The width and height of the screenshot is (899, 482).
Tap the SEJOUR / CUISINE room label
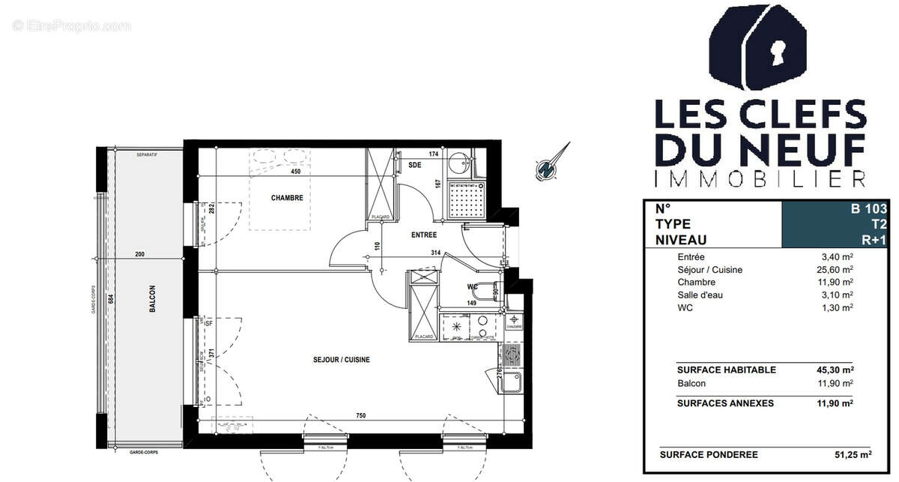[342, 360]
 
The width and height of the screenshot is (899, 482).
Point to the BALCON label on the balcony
[151, 294]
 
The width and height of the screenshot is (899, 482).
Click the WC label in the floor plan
[471, 286]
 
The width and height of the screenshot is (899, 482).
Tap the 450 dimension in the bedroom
[295, 172]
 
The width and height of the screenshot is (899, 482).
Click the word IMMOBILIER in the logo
[760, 178]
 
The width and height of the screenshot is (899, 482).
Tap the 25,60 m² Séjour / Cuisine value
[837, 270]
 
